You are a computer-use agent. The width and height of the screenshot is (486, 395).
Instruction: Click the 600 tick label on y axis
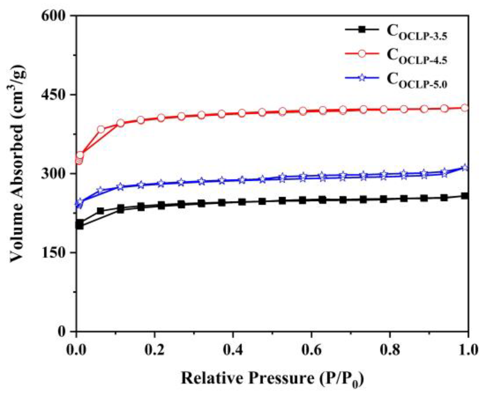click(53, 16)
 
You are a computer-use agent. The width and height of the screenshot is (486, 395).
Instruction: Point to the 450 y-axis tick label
click(53, 94)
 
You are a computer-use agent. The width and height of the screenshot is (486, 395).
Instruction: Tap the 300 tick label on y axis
click(53, 173)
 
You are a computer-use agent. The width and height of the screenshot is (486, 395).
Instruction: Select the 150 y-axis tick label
click(53, 252)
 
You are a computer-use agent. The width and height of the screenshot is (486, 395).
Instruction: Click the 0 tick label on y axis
click(62, 332)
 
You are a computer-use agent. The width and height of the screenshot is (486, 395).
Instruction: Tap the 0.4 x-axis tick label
click(233, 350)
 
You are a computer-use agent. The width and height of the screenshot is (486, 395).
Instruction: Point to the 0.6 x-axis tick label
click(311, 350)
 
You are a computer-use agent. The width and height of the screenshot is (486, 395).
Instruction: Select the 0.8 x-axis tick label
click(390, 350)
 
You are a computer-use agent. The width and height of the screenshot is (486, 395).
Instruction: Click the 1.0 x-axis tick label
click(468, 350)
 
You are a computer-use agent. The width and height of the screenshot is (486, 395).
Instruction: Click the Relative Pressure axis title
click(272, 378)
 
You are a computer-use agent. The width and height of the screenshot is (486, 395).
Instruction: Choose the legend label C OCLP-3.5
click(417, 32)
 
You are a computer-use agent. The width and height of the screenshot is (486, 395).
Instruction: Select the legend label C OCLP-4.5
click(417, 56)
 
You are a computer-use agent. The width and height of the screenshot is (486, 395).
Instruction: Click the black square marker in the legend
click(362, 29)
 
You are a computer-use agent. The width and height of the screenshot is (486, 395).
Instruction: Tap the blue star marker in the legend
click(362, 78)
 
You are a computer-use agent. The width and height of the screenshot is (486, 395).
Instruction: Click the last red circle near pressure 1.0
click(465, 108)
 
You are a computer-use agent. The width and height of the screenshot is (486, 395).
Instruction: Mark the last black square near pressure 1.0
click(465, 196)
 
